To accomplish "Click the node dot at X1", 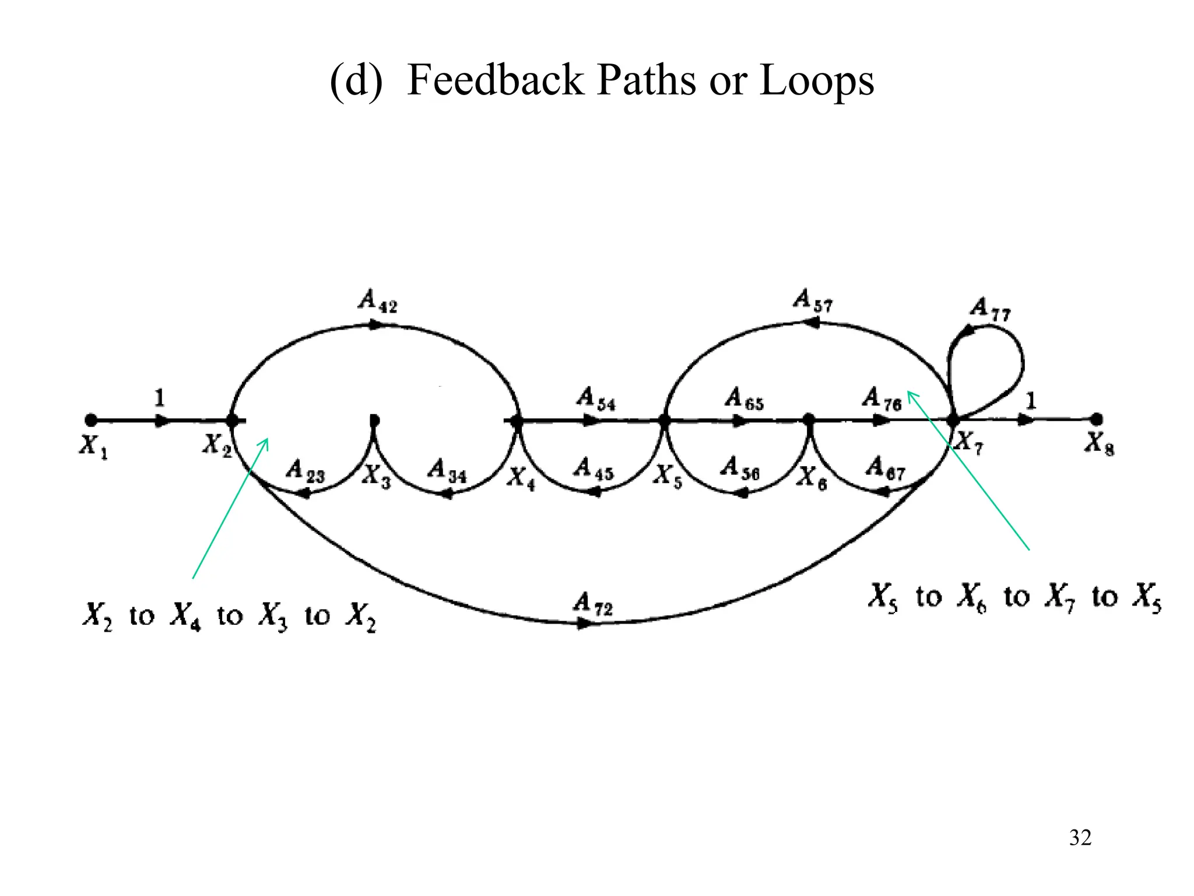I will [90, 420].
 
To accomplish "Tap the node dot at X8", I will [1096, 419].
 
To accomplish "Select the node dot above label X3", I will [374, 420].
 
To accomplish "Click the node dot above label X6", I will [809, 419].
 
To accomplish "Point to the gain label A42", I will [378, 301].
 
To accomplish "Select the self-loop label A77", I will [990, 309].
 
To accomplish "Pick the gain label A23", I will [305, 471].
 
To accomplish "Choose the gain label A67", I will [885, 468].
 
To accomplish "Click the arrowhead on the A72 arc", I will [583, 624].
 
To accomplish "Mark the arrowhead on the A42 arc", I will [376, 325].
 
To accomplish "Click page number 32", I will [1080, 838].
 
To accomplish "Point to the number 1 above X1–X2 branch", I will [159, 398].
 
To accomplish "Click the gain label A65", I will [744, 400].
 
